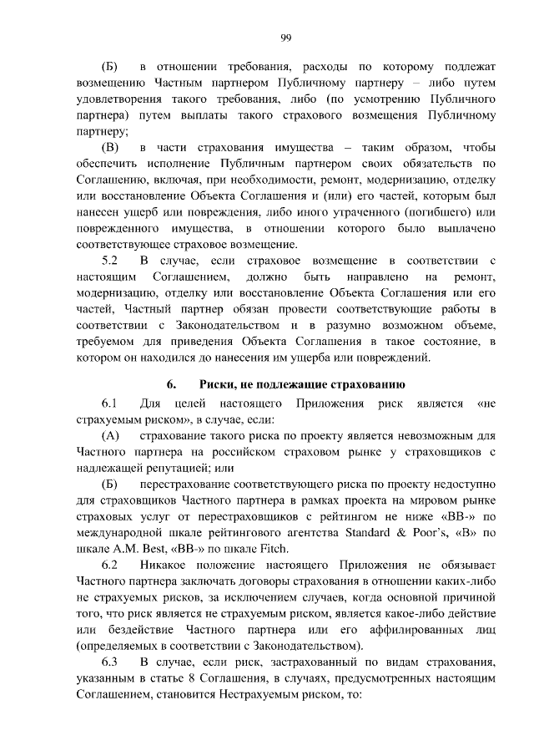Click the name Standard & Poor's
pos(401,533)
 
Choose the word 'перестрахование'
pos(189,485)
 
